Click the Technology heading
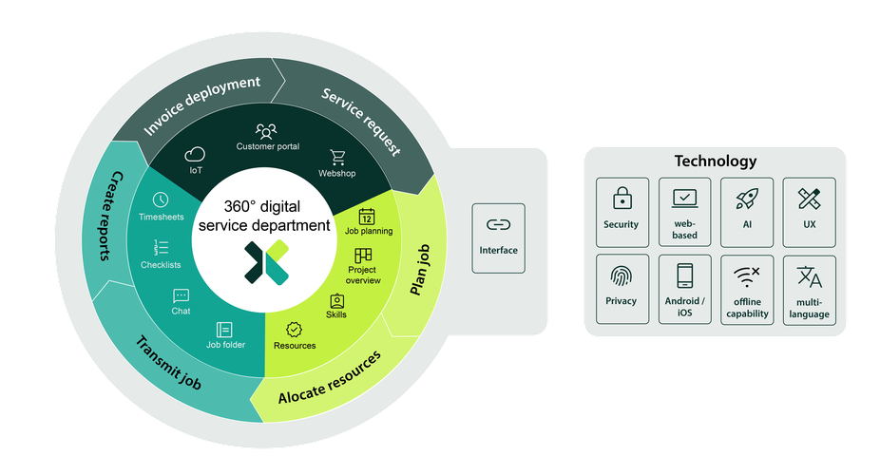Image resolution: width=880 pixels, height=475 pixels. click(x=715, y=161)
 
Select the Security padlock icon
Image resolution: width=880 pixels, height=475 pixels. click(x=622, y=199)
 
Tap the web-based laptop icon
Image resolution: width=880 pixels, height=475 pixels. click(x=684, y=198)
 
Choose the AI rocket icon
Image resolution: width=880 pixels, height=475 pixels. click(x=746, y=199)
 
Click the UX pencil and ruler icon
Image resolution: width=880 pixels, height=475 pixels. click(x=809, y=199)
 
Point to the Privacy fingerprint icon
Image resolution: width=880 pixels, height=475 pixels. click(x=622, y=276)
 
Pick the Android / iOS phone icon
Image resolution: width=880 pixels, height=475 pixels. click(x=684, y=276)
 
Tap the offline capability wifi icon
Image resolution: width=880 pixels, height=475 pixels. click(x=746, y=277)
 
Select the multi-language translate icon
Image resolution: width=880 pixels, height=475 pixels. click(x=809, y=277)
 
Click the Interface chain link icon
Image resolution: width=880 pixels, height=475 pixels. click(x=498, y=225)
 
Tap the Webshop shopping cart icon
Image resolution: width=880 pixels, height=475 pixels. click(x=337, y=157)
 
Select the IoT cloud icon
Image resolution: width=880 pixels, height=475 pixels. click(x=196, y=154)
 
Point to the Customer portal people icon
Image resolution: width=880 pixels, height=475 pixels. click(x=266, y=130)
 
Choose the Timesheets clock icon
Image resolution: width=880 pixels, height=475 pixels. click(x=161, y=199)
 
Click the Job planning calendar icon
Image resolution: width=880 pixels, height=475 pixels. click(x=368, y=215)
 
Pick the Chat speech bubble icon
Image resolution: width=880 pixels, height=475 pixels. click(x=181, y=295)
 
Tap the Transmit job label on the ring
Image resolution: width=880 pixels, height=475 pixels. click(x=167, y=363)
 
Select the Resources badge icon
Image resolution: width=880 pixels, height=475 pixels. click(x=295, y=329)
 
